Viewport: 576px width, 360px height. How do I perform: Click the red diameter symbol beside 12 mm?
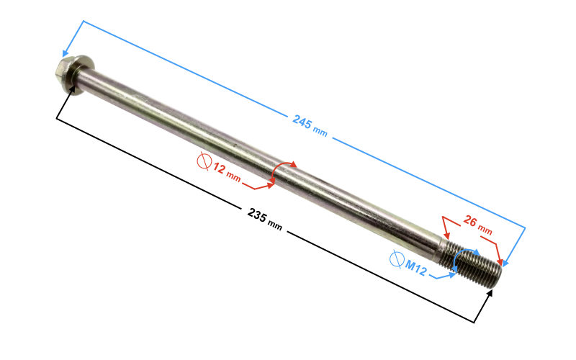click(x=204, y=161)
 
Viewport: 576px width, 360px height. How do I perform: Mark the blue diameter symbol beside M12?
click(x=395, y=258)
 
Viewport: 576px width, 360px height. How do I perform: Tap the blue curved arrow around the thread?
click(x=464, y=261)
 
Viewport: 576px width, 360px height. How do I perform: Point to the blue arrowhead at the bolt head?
click(x=67, y=53)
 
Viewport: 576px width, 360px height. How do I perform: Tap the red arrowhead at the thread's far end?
click(x=500, y=256)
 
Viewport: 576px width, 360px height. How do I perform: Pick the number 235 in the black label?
click(x=256, y=215)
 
